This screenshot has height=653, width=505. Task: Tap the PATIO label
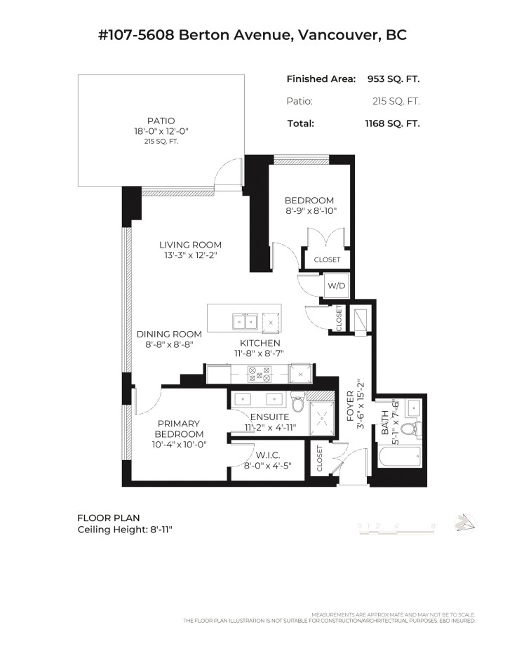click(x=161, y=121)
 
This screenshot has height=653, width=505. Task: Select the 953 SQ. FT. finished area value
click(x=393, y=79)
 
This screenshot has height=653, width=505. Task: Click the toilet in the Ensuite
click(x=298, y=404)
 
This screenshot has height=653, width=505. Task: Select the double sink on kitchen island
click(x=245, y=321)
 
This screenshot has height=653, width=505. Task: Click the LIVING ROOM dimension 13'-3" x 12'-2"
click(x=190, y=255)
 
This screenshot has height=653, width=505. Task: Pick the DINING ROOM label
click(x=169, y=334)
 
